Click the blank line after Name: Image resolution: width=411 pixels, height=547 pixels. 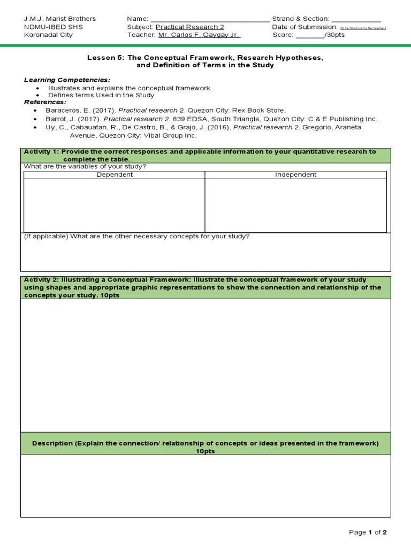point(210,19)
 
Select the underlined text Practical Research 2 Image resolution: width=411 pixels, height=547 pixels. point(190,27)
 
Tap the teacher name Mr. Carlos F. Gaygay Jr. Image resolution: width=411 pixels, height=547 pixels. point(199,35)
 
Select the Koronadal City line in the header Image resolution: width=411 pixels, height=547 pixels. point(48,35)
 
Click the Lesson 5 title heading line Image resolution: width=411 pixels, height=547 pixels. point(205,57)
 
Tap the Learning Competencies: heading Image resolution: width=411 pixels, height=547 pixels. point(67,80)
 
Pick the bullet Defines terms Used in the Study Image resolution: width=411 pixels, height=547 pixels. point(101,95)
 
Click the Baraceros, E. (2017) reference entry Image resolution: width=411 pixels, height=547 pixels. point(165,110)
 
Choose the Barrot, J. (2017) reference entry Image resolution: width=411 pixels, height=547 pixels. point(211,119)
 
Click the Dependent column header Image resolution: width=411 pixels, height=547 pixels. point(114,175)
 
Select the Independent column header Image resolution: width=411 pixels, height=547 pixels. point(295,175)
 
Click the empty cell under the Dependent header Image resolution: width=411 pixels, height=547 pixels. point(114,205)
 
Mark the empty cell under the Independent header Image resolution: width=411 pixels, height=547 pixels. point(295,205)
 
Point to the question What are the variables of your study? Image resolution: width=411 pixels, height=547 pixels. point(85,166)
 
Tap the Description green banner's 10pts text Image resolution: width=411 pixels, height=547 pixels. point(205,451)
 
